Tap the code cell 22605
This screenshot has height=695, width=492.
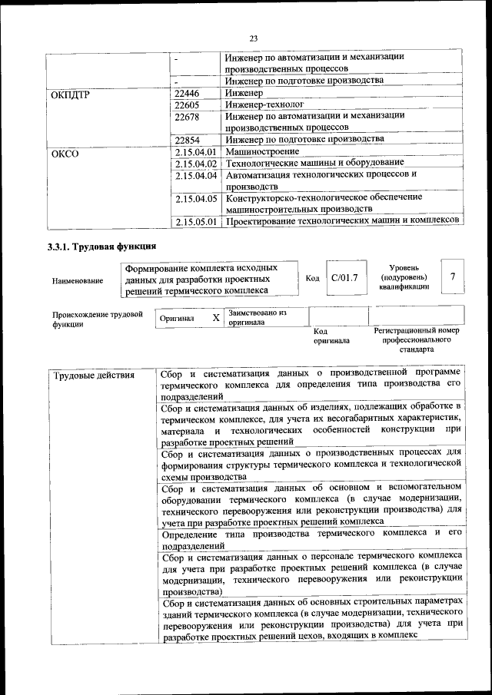pos(188,104)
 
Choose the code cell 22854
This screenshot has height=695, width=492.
pos(188,139)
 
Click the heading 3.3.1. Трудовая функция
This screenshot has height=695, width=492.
pos(102,247)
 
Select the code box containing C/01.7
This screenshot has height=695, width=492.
pos(344,277)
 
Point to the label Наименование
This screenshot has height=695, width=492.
pos(78,281)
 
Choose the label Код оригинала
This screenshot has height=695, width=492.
pos(331,336)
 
